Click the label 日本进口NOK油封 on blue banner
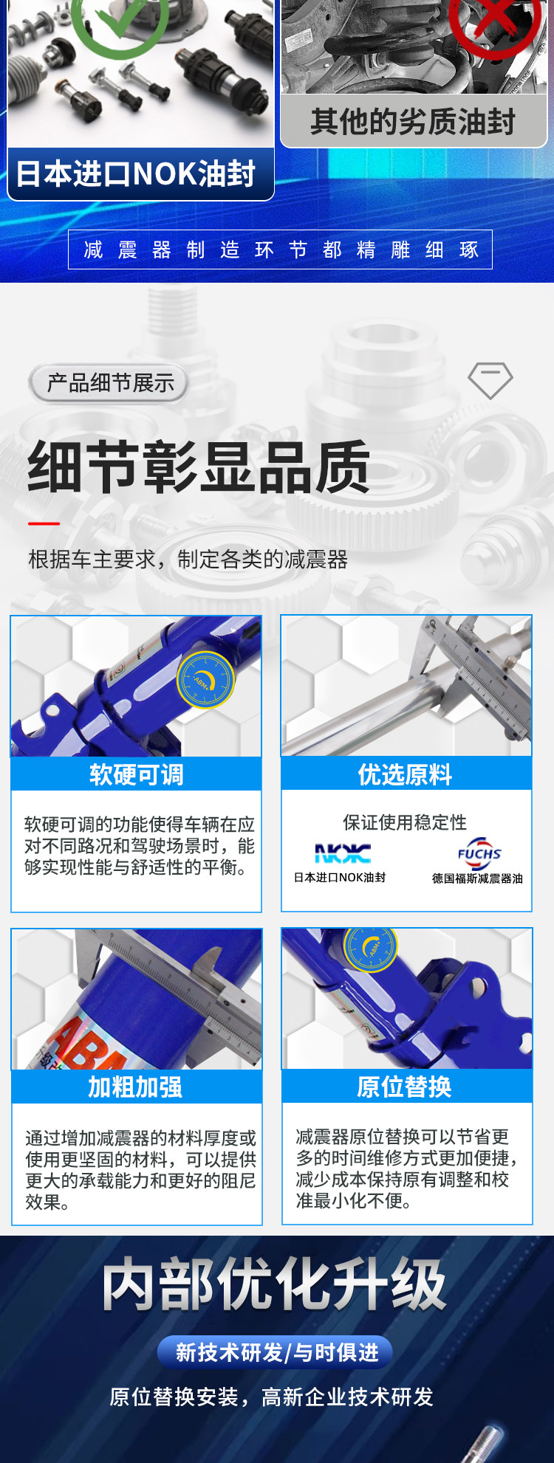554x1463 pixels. (x=136, y=174)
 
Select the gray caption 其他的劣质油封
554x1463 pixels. (x=413, y=122)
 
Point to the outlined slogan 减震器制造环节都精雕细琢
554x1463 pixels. (x=280, y=249)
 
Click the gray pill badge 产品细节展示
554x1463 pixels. (x=109, y=383)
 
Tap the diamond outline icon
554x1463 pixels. (x=490, y=381)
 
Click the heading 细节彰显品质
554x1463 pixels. (x=198, y=467)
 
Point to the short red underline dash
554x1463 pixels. (x=44, y=523)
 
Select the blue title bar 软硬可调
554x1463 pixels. (x=136, y=774)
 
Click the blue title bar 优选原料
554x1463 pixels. (x=406, y=774)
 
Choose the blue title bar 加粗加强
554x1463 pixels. (x=136, y=1087)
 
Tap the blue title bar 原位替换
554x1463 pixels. (x=406, y=1086)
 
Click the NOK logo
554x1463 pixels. (x=343, y=854)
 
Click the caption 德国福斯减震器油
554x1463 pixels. (x=477, y=878)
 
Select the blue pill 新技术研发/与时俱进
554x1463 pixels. (x=275, y=1352)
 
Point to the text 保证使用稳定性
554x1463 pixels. (x=405, y=822)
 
